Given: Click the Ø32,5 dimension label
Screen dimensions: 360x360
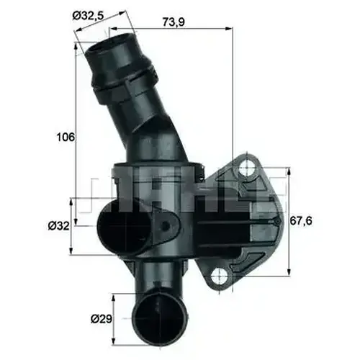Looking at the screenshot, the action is [x=88, y=16].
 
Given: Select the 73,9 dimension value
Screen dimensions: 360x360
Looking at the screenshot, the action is [x=174, y=22].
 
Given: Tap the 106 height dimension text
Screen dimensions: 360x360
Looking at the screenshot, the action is [x=66, y=138].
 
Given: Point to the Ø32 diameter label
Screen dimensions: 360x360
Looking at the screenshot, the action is [x=58, y=226].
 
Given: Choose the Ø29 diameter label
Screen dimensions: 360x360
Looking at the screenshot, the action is [x=102, y=319].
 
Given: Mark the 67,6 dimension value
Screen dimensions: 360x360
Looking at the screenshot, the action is [x=301, y=221].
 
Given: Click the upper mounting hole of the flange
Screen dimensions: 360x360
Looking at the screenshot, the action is [x=247, y=171].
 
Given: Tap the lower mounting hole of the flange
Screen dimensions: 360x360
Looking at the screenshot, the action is [x=219, y=276].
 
